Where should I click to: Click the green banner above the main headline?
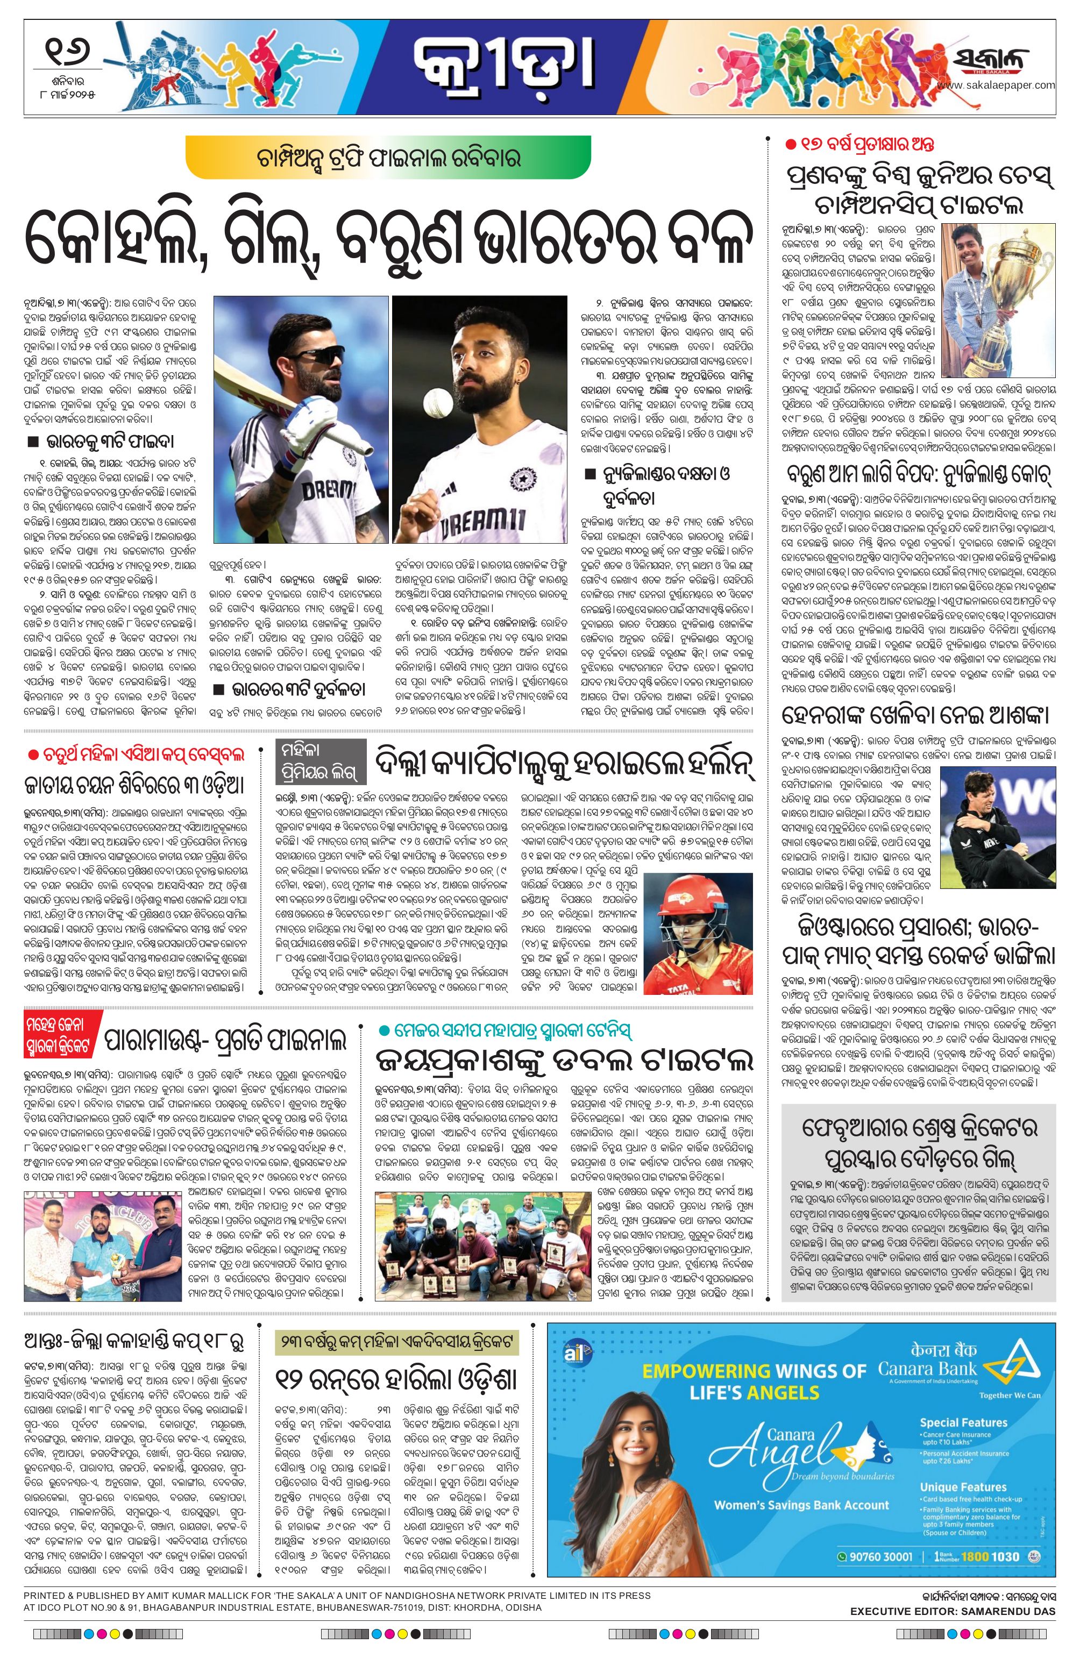tap(388, 156)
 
